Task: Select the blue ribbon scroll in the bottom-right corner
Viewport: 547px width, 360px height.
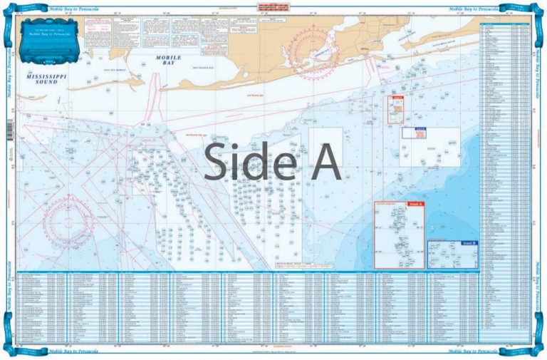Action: pyautogui.click(x=533, y=349)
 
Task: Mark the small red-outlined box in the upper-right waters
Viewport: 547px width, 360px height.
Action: pyautogui.click(x=395, y=107)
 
